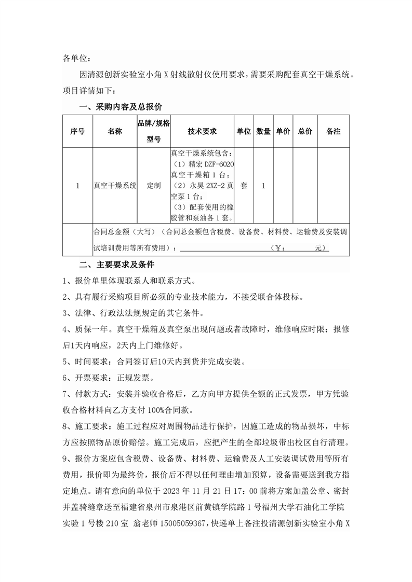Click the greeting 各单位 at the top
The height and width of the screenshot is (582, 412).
76,58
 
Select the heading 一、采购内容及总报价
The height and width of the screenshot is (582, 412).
120,107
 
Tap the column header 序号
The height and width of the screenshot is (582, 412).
77,132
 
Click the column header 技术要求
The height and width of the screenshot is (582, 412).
202,132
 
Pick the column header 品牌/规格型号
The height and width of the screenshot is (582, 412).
154,132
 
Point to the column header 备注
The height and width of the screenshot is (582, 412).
333,132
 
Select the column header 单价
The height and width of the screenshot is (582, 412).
283,132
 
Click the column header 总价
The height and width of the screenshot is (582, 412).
305,132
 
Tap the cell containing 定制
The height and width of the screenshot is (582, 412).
154,185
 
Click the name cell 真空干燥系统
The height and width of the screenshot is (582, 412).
115,185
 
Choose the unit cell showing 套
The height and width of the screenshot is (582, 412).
244,185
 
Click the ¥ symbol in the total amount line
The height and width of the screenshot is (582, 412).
277,248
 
